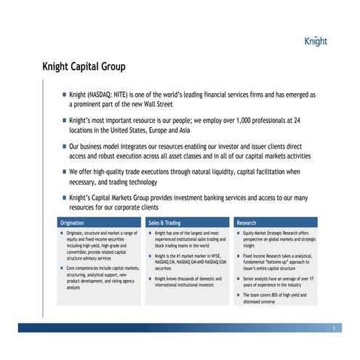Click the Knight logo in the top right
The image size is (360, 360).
316,41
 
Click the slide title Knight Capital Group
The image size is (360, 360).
84,67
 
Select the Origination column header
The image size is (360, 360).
72,223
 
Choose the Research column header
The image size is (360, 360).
247,223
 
